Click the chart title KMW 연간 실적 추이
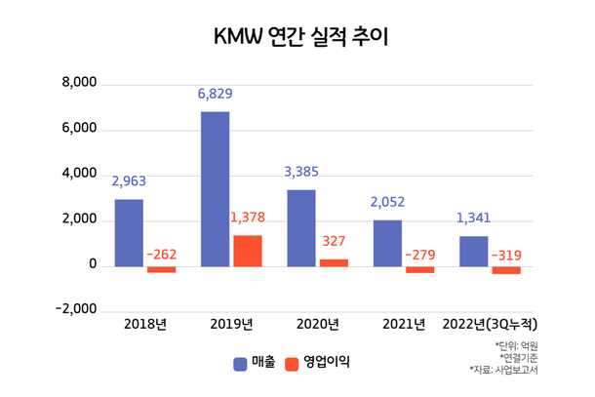click(x=297, y=37)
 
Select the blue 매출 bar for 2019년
click(x=215, y=188)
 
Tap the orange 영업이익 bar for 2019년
click(x=247, y=251)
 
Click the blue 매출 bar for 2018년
click(x=129, y=232)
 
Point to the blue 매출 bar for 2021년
click(x=387, y=243)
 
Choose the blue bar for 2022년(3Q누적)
click(x=474, y=251)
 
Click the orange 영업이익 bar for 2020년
click(x=334, y=262)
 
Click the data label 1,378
click(x=248, y=218)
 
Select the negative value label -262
click(x=161, y=255)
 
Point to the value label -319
click(x=506, y=256)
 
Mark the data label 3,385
click(x=301, y=172)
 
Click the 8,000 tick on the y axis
click(x=79, y=84)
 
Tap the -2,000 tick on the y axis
click(x=76, y=311)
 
